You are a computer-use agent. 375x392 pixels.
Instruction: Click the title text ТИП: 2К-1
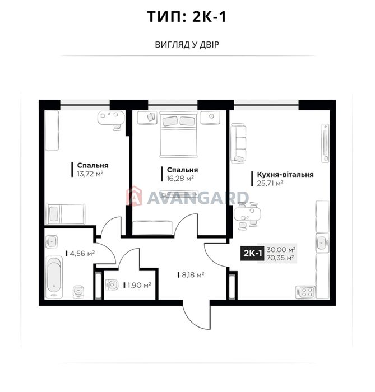click(187, 17)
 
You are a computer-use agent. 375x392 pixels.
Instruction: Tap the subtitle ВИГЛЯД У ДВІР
click(187, 45)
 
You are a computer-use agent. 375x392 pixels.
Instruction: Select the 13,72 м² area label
click(90, 174)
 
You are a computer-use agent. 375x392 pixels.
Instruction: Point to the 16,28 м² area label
click(180, 179)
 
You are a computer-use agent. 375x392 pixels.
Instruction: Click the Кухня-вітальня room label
click(285, 174)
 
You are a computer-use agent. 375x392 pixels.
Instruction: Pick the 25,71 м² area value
click(270, 183)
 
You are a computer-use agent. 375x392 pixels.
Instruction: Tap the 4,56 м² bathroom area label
click(82, 254)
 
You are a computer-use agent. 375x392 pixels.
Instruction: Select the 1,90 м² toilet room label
click(139, 285)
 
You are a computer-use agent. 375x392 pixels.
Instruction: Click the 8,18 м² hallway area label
click(193, 275)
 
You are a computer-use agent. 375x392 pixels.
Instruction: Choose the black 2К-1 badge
click(252, 254)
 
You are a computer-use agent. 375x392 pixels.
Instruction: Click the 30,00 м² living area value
click(281, 250)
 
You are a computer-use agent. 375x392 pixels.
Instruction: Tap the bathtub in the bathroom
click(54, 277)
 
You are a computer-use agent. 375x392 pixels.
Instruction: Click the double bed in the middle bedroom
click(179, 135)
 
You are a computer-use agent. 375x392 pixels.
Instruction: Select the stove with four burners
click(305, 292)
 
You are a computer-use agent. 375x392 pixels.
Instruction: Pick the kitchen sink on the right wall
click(322, 242)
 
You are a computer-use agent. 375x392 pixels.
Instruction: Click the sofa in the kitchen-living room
click(238, 143)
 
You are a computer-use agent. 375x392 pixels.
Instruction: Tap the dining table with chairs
click(247, 215)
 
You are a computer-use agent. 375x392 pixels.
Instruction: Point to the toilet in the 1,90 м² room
click(112, 284)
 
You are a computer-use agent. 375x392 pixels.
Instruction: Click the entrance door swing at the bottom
click(196, 315)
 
